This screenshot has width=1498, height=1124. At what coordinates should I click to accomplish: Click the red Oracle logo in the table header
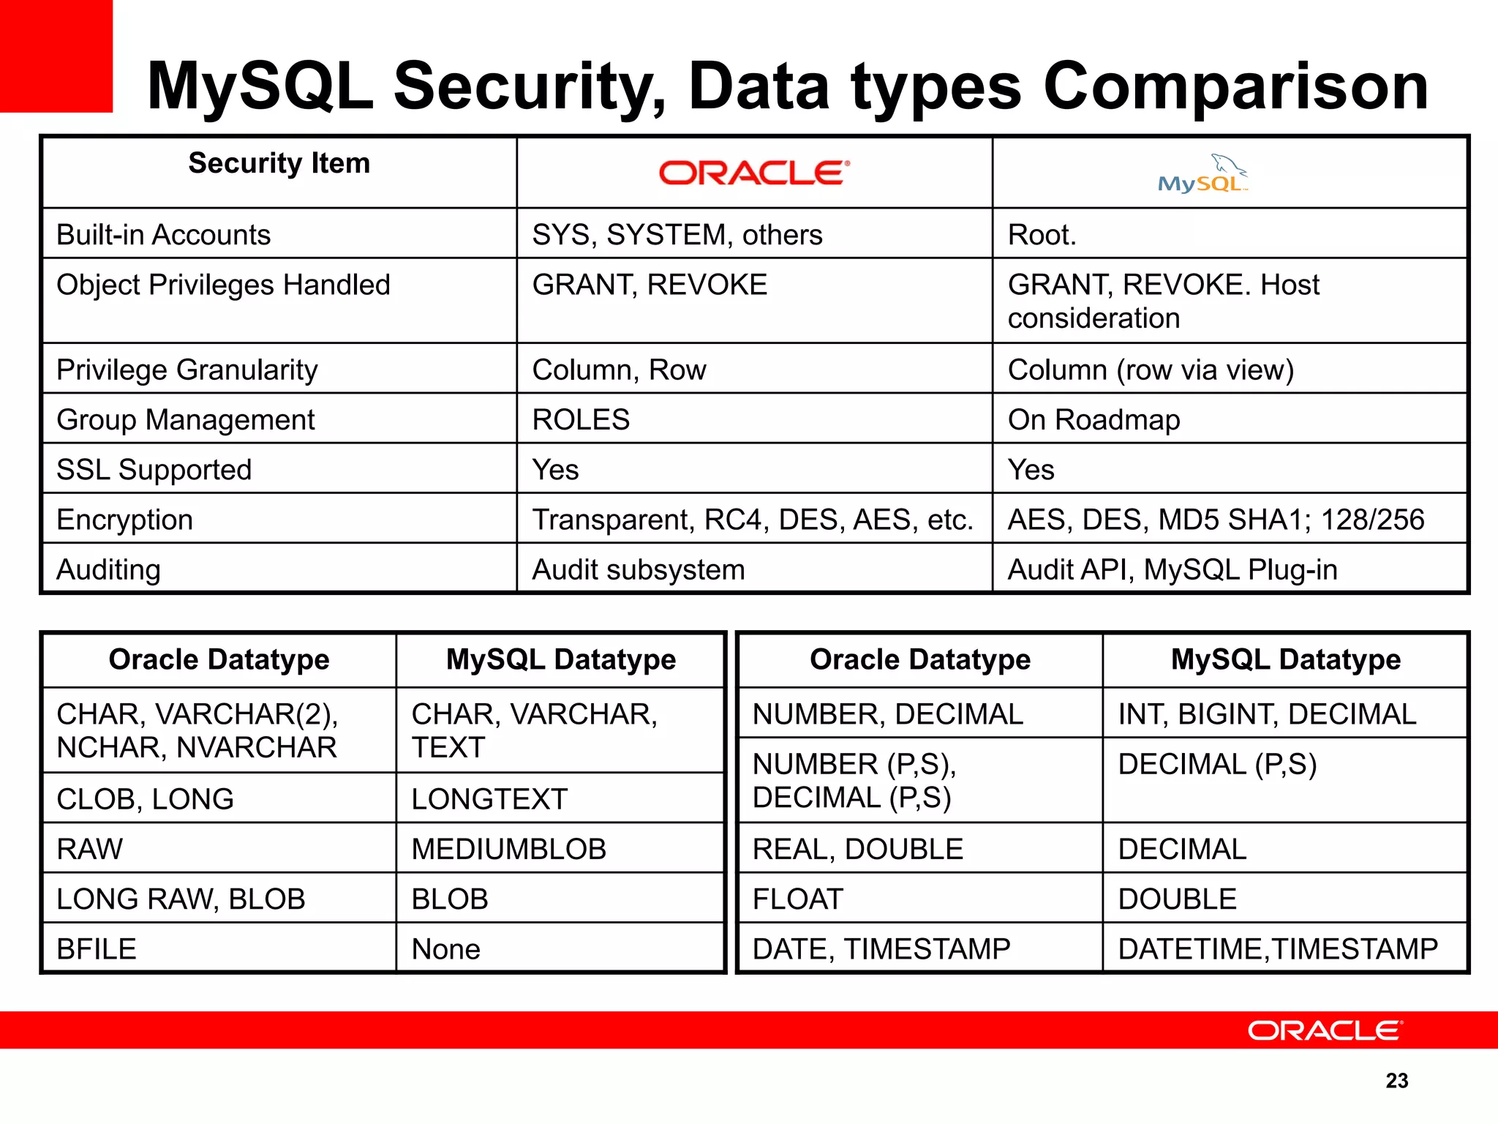pyautogui.click(x=754, y=173)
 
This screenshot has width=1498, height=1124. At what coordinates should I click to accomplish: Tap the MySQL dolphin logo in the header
pyautogui.click(x=1202, y=175)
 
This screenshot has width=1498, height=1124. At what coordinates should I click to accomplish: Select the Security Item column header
pyautogui.click(x=279, y=163)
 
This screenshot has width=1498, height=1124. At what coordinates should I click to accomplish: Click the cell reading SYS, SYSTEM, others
pyautogui.click(x=677, y=235)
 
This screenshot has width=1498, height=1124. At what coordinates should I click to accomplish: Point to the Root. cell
pyautogui.click(x=1042, y=235)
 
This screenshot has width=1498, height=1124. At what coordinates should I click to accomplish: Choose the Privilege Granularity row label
pyautogui.click(x=187, y=370)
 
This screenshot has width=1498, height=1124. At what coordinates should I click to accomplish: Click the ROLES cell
pyautogui.click(x=581, y=419)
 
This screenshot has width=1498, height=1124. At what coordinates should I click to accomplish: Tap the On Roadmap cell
pyautogui.click(x=1094, y=419)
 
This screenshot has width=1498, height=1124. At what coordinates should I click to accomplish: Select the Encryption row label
pyautogui.click(x=125, y=520)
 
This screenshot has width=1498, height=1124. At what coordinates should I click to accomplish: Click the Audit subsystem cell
pyautogui.click(x=639, y=569)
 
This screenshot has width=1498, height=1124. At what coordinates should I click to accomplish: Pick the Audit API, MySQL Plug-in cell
pyautogui.click(x=1172, y=569)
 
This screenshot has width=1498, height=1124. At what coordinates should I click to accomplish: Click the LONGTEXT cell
pyautogui.click(x=489, y=799)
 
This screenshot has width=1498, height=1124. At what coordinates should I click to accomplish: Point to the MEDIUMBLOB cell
pyautogui.click(x=509, y=849)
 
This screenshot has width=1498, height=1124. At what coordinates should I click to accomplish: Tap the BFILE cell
pyautogui.click(x=97, y=949)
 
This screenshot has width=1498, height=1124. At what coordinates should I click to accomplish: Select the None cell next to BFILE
pyautogui.click(x=446, y=949)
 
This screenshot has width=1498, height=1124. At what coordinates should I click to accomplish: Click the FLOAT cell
pyautogui.click(x=798, y=899)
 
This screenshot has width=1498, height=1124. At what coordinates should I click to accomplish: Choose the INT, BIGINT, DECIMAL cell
pyautogui.click(x=1267, y=714)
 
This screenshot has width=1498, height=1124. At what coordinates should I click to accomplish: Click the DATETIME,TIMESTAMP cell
pyautogui.click(x=1278, y=949)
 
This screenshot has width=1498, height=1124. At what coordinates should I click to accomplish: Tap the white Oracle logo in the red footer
pyautogui.click(x=1325, y=1030)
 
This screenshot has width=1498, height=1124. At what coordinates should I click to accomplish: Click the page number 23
pyautogui.click(x=1396, y=1080)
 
